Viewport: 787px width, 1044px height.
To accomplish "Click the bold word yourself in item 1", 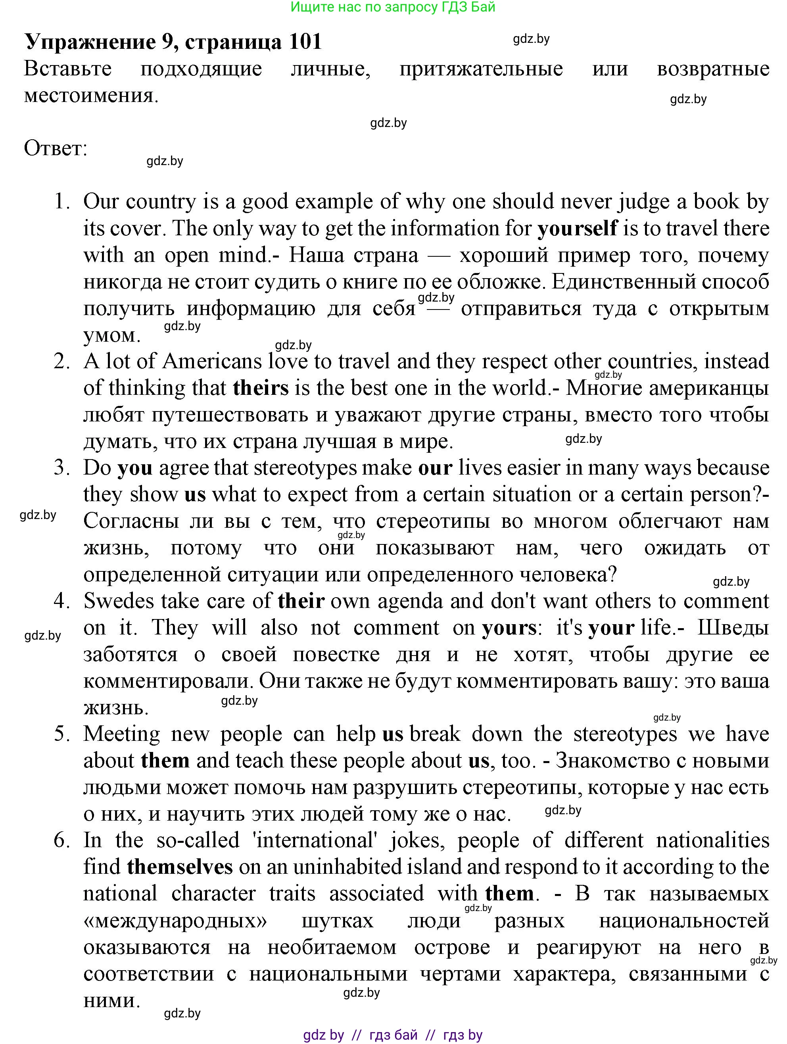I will click(x=577, y=229).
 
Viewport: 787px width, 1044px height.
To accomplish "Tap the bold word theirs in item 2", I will click(x=261, y=388).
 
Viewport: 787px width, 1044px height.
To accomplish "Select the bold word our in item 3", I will click(x=435, y=468).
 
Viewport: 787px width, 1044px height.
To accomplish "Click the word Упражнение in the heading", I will click(x=90, y=42).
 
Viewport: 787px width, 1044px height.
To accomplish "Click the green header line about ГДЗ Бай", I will click(x=393, y=7).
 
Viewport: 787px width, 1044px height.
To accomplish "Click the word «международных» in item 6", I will click(x=175, y=920).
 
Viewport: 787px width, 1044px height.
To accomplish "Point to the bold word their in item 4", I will click(x=301, y=601).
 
